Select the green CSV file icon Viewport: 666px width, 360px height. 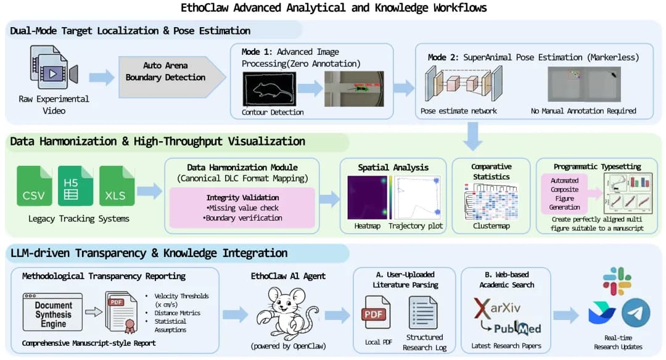(x=34, y=185)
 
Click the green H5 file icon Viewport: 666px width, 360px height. (x=75, y=185)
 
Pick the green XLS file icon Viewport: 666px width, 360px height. (x=116, y=185)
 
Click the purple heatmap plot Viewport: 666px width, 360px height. (x=367, y=197)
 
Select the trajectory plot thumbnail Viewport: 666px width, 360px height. (x=417, y=197)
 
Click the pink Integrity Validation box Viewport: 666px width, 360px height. (x=242, y=208)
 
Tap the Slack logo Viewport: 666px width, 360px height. (x=617, y=281)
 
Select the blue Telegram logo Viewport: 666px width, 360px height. (x=636, y=313)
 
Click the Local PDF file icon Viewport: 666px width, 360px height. (x=375, y=312)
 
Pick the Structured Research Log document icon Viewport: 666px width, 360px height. (x=423, y=312)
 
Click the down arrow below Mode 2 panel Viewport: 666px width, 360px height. (x=473, y=136)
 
